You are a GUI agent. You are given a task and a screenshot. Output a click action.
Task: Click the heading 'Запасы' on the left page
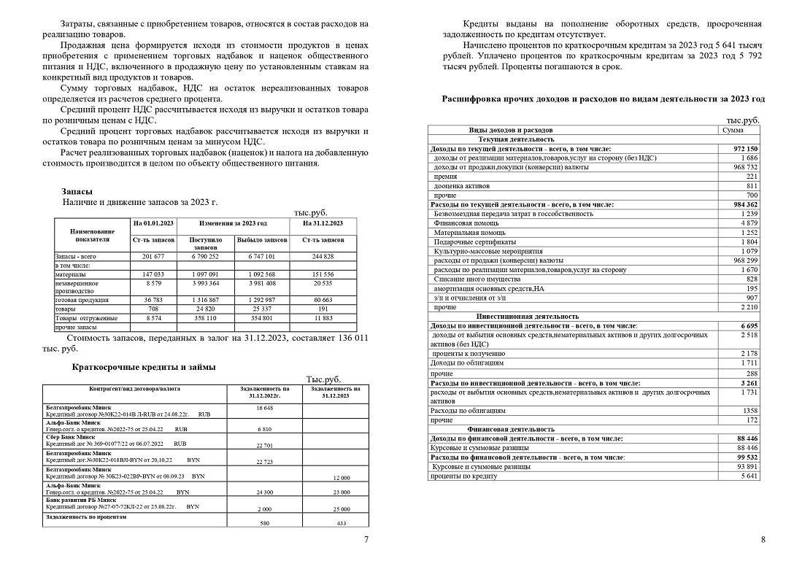77,191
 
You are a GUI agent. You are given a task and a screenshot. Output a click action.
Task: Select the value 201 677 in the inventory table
153,257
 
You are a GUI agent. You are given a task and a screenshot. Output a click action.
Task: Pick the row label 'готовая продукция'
82,300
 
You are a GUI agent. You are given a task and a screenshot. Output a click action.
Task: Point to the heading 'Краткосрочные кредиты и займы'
144,366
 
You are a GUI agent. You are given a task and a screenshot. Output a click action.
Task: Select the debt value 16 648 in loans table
264,408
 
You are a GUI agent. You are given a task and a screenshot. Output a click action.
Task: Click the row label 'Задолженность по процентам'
87,516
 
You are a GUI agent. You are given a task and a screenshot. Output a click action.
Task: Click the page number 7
366,540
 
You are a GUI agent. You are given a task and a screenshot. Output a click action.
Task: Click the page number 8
763,540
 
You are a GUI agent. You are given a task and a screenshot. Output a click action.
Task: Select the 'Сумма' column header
733,130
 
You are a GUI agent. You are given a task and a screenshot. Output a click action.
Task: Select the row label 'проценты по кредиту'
464,476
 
